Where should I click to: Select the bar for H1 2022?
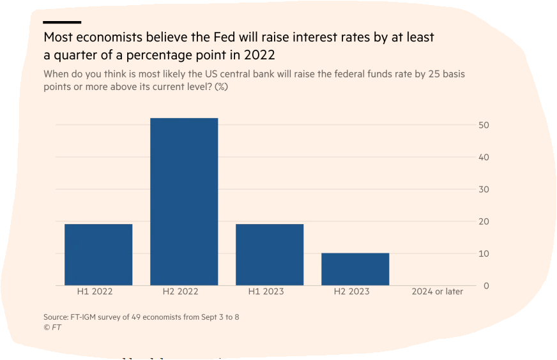pos(98,255)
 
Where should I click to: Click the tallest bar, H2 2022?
pos(184,202)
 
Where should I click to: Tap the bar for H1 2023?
pos(270,255)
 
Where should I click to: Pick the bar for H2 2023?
pos(355,269)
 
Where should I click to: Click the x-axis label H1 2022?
pos(95,292)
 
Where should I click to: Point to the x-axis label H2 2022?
pos(180,292)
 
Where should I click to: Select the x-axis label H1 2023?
pos(266,292)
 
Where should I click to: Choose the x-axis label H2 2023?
pos(351,292)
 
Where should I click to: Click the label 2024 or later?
pos(438,292)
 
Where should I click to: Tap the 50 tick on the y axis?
pos(484,125)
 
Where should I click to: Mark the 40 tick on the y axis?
pos(484,157)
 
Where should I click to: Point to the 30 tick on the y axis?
pos(484,190)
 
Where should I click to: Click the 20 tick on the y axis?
pos(484,221)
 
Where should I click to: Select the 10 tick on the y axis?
pos(484,253)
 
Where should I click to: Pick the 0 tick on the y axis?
pos(486,285)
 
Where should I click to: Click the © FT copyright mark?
pos(52,327)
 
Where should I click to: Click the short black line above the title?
pos(62,22)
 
